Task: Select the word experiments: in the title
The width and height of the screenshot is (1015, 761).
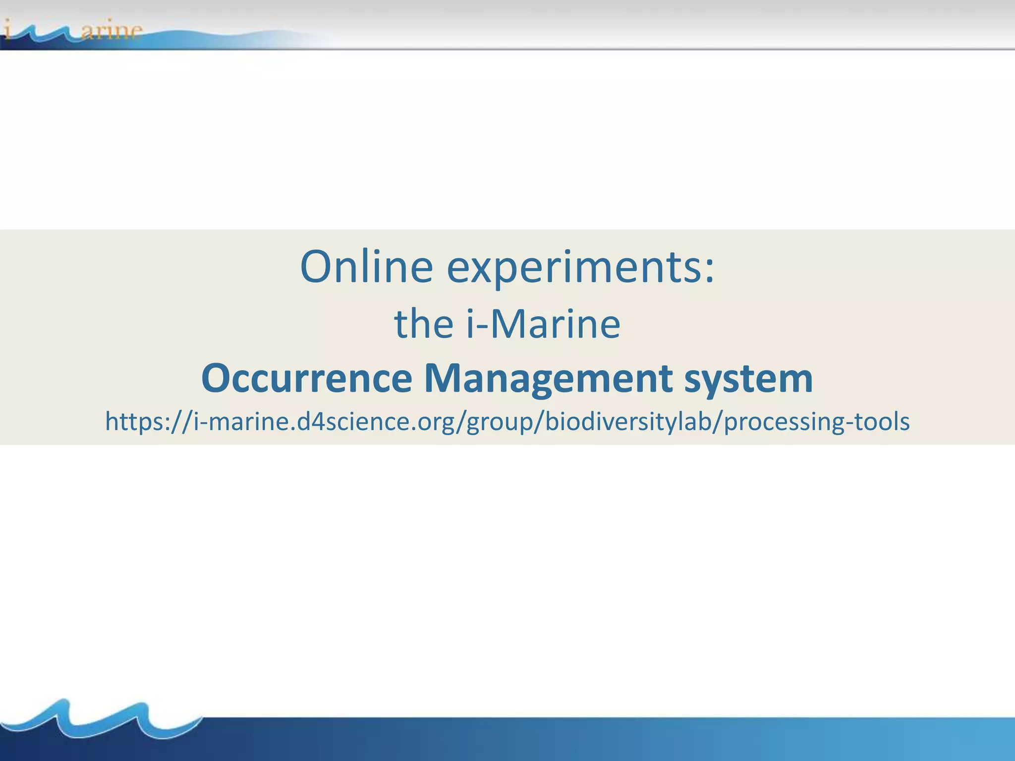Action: [581, 268]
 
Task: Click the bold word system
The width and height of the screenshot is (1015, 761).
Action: [748, 378]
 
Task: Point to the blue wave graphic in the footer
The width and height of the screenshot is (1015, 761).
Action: [99, 721]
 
